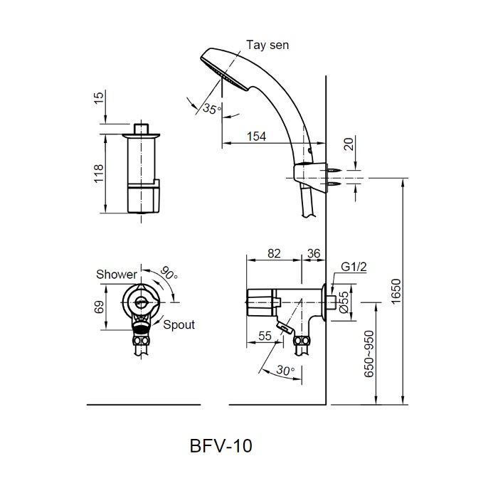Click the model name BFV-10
click(221, 446)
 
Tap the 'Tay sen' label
click(268, 45)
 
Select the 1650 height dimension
click(396, 289)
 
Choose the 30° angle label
click(285, 371)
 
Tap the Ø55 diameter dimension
click(343, 304)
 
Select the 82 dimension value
click(274, 253)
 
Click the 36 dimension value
click(313, 253)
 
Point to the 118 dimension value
click(98, 174)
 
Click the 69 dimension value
click(98, 307)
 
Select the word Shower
click(117, 275)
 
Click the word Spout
click(179, 324)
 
